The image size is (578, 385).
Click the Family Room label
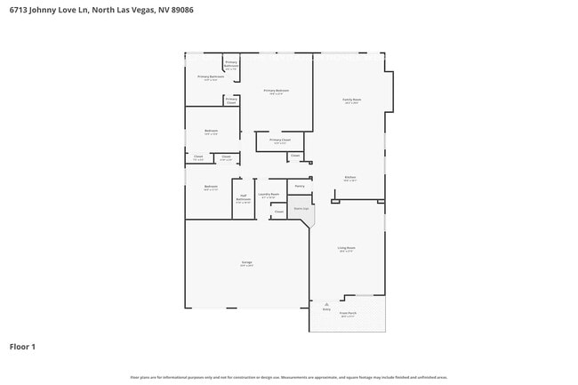pos(351,100)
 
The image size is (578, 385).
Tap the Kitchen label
pos(350,178)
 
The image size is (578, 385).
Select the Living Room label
pos(346,248)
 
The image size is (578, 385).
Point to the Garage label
pos(246,263)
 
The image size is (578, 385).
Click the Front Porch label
pos(349,313)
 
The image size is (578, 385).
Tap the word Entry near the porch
pos(325,309)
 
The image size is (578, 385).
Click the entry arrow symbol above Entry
pos(325,302)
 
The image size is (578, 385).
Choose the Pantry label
pos(300,186)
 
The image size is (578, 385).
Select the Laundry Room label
pos(268,195)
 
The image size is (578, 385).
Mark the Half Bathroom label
pos(243,198)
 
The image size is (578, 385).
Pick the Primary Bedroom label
pos(276,91)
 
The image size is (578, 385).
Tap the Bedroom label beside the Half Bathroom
pos(211,187)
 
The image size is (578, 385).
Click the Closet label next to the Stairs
pos(278,212)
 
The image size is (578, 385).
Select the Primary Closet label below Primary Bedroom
pos(279,140)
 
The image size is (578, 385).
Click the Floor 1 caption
pos(22,346)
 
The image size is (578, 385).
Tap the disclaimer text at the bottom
pos(288,378)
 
